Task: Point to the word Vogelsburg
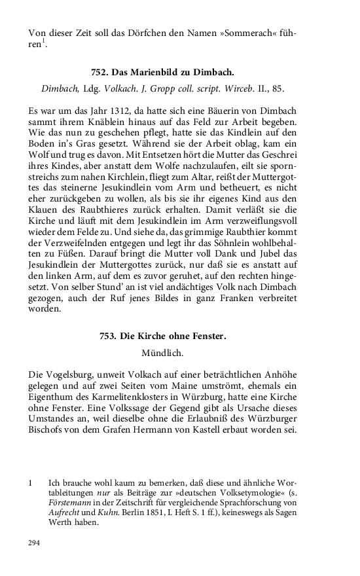tap(74, 376)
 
